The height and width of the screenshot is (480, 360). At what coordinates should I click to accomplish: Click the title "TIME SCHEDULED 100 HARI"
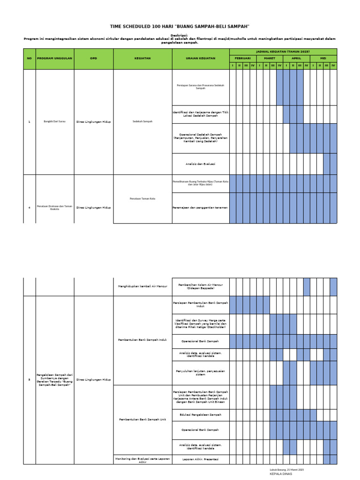click(x=180, y=27)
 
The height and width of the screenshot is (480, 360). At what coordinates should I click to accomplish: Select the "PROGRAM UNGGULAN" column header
click(x=54, y=59)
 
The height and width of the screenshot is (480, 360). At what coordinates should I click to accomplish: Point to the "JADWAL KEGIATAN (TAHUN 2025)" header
click(x=283, y=51)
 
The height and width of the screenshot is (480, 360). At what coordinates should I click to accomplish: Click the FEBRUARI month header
click(x=242, y=59)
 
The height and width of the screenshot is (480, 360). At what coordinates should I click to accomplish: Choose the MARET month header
click(x=269, y=59)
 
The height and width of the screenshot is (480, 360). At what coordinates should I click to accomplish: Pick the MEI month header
click(x=323, y=59)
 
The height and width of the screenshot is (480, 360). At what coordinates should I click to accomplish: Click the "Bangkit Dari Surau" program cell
click(x=54, y=121)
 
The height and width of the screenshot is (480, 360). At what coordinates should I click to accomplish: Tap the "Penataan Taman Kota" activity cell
click(x=142, y=199)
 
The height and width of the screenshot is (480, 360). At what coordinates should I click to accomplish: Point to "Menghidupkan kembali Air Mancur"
click(x=142, y=286)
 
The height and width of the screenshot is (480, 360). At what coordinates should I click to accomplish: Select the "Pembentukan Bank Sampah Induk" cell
click(x=142, y=339)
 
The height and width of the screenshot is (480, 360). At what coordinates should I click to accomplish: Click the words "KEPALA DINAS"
click(x=281, y=474)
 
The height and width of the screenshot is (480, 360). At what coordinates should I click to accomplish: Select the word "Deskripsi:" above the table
click(x=180, y=35)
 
